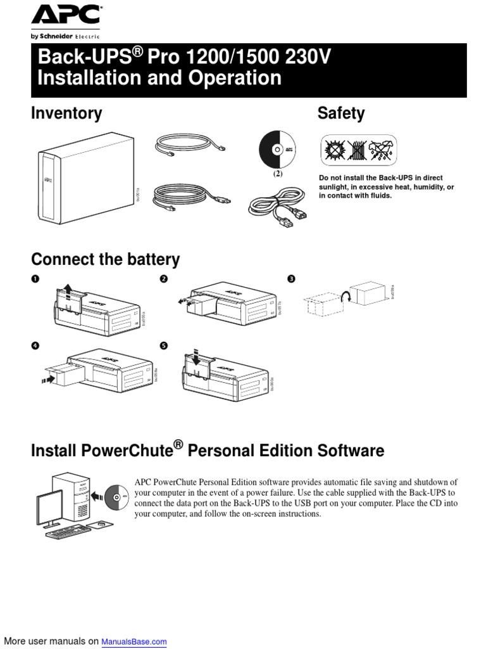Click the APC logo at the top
(65, 16)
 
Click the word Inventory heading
(66, 113)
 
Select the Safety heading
(340, 113)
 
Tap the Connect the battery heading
(105, 259)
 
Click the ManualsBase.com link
(134, 641)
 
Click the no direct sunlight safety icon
(334, 150)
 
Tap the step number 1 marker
(35, 279)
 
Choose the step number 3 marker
(291, 279)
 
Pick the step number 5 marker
(164, 346)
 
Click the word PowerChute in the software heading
(127, 451)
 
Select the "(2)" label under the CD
(277, 173)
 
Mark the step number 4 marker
(35, 346)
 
